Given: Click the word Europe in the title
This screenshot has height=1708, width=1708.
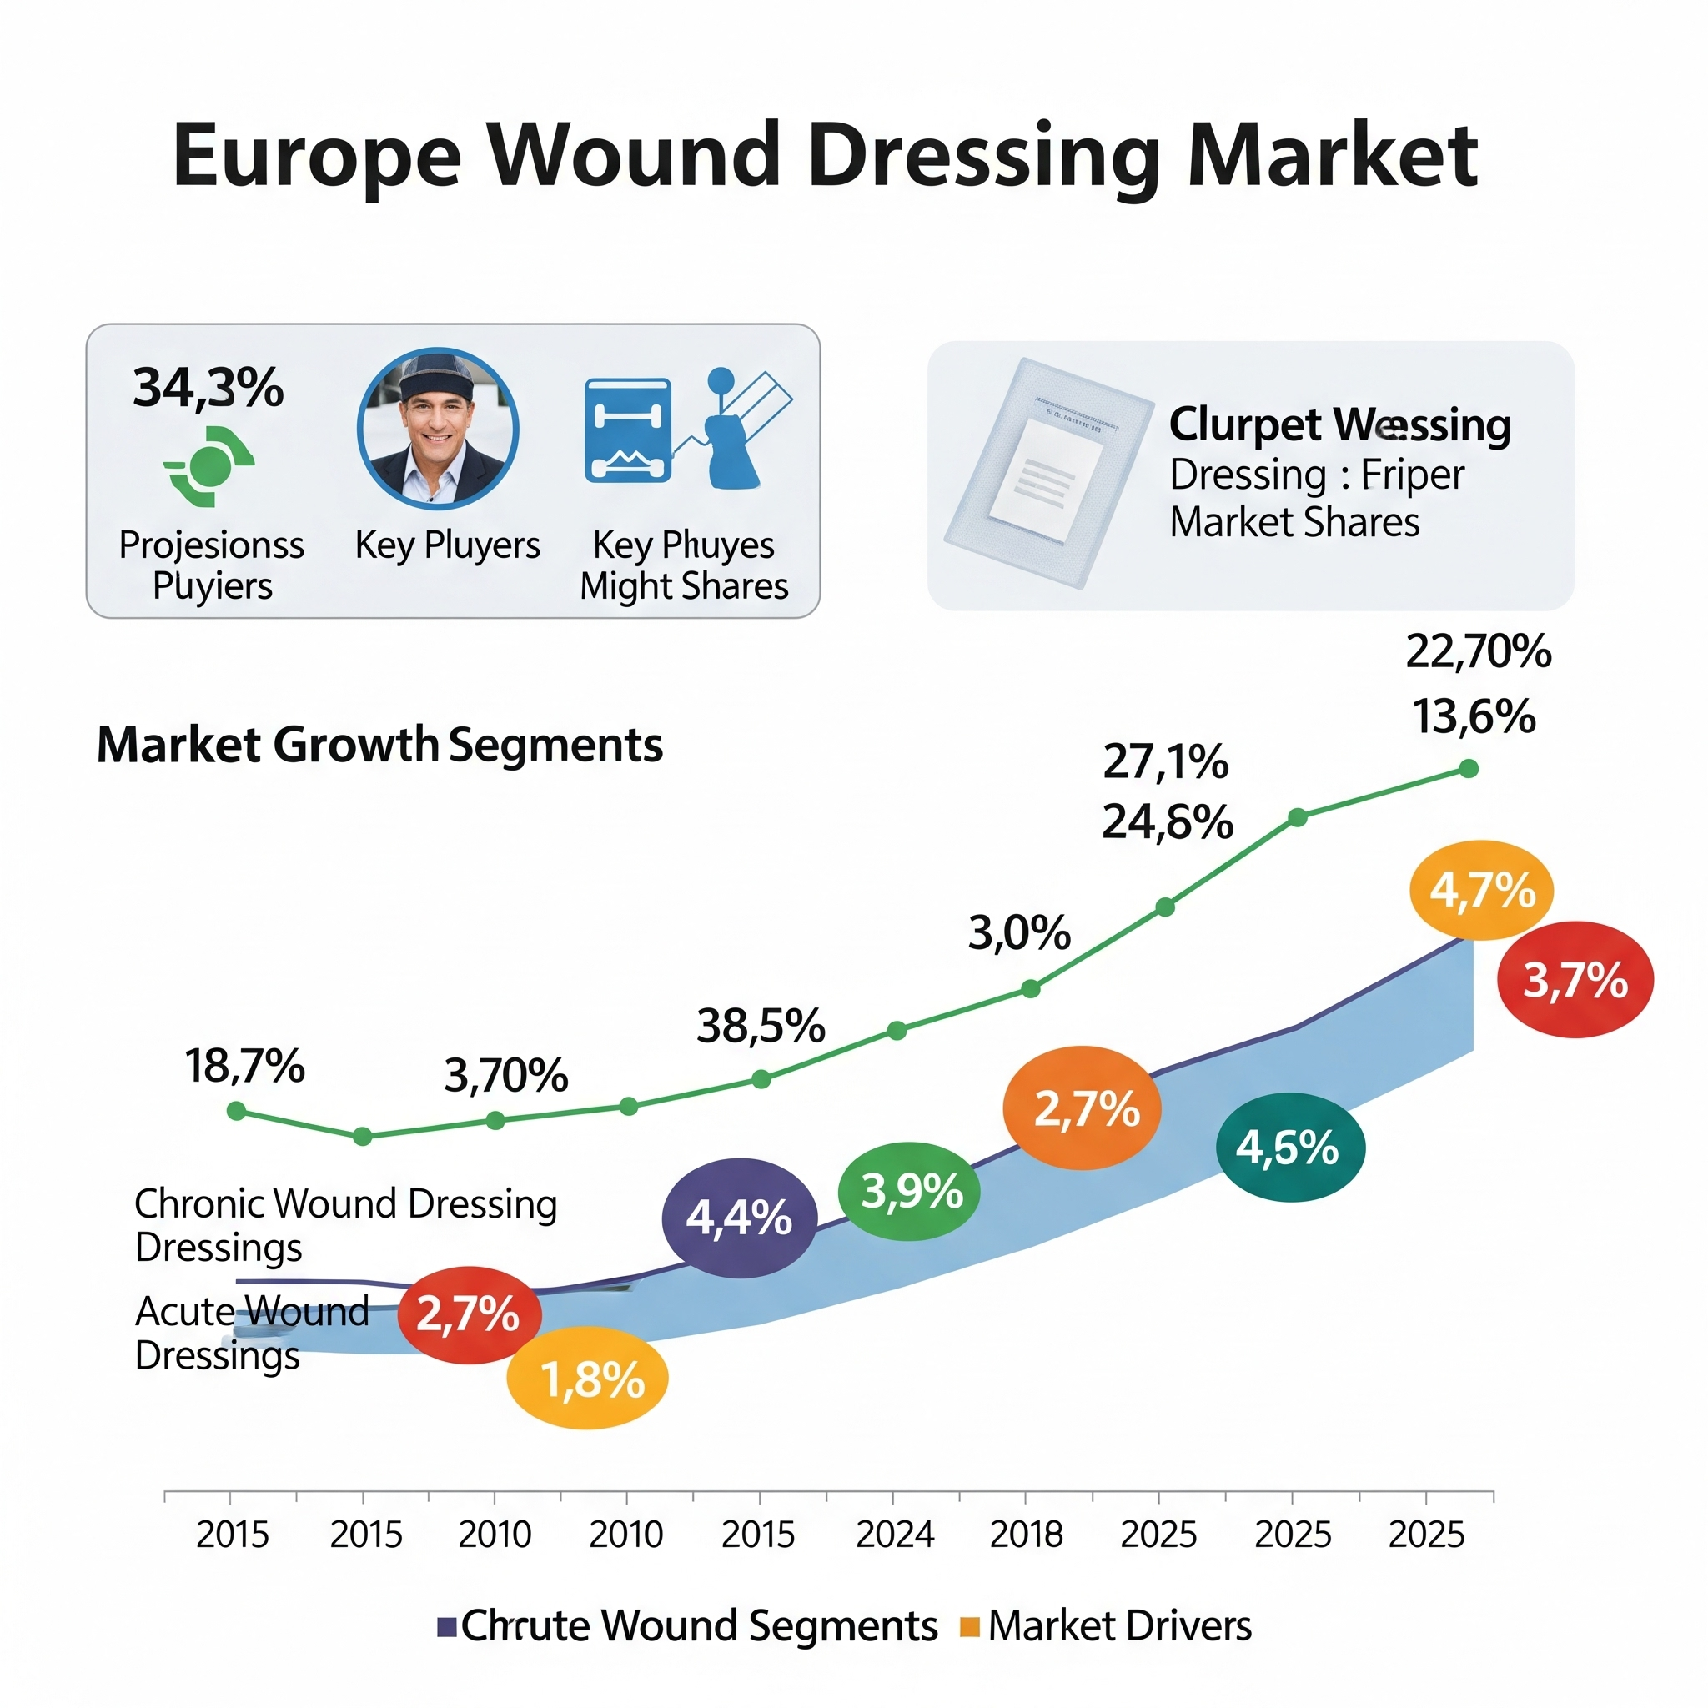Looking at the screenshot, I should [316, 158].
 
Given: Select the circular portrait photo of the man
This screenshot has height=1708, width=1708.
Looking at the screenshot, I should [438, 429].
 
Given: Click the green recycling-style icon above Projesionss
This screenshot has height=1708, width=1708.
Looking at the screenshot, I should [209, 466].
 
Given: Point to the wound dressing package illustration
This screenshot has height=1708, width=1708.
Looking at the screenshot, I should [1047, 473].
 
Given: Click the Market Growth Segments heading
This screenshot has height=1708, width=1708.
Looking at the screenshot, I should [379, 745].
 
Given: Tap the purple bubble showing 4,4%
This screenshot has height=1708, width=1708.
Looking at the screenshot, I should [739, 1218].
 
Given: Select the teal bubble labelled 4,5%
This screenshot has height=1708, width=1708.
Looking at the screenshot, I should [1289, 1148].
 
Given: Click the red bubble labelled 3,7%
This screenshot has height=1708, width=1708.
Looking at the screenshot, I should [1575, 980].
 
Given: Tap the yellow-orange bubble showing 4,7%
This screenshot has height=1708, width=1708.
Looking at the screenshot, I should [1482, 889].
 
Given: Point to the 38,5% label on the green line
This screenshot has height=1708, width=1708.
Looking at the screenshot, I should [761, 1026].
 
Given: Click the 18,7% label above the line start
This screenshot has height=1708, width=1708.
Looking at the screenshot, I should [245, 1066].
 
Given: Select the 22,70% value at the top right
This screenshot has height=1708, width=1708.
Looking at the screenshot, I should [1478, 651].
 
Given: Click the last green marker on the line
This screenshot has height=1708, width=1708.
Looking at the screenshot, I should [1469, 768].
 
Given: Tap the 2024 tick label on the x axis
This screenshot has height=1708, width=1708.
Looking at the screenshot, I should [895, 1535].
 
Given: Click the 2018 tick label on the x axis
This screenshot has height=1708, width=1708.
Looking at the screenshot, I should [1027, 1535].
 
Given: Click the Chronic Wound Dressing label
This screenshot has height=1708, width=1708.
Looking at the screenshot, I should [345, 1204].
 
